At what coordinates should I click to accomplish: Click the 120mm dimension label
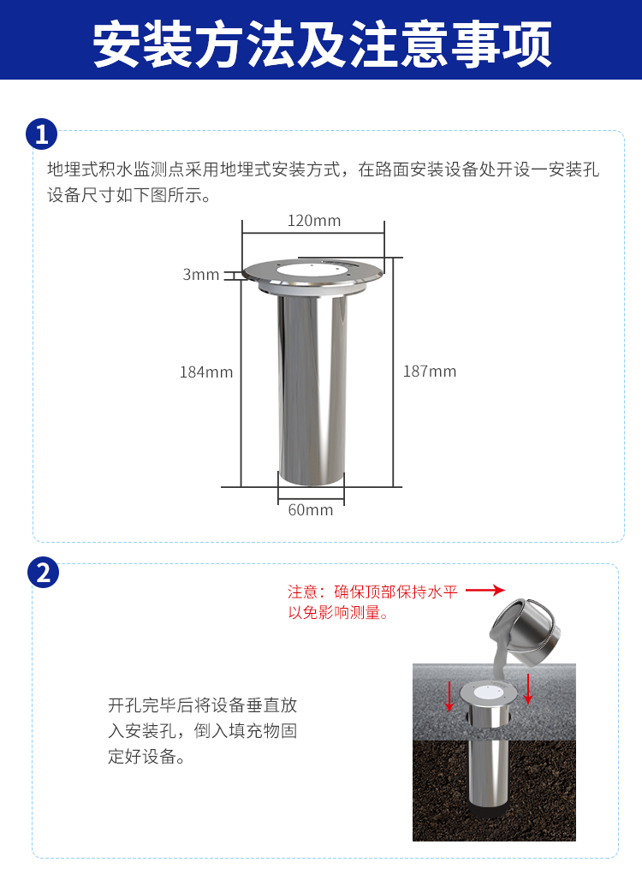coord(313,220)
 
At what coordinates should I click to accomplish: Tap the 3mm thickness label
coord(200,275)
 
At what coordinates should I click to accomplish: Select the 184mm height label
coord(206,372)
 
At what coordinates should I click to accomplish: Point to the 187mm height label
coord(430,372)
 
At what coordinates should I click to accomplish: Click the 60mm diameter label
coord(310,509)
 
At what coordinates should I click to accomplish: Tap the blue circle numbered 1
coord(41,134)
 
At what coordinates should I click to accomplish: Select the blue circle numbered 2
coord(43,573)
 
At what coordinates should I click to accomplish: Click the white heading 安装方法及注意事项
coord(322,43)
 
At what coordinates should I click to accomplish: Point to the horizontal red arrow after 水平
coord(485,591)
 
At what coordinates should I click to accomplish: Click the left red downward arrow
coord(449,696)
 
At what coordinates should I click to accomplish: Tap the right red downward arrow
coord(528,689)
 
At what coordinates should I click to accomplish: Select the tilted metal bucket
coord(526,630)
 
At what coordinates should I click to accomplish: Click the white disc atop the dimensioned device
coord(312,271)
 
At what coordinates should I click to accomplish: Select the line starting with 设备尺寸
coord(129,195)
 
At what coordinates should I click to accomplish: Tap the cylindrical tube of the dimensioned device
coord(312,389)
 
